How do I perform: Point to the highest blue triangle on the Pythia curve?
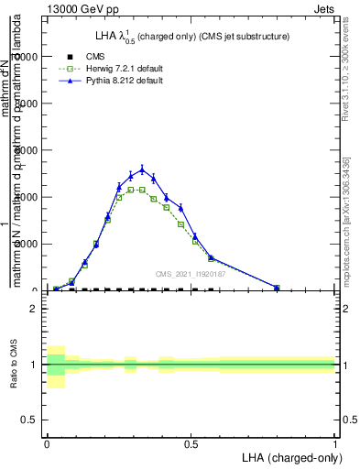[142, 169]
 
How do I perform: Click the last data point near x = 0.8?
[277, 288]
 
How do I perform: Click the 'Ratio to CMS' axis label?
[15, 365]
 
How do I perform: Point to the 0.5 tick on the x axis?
[191, 442]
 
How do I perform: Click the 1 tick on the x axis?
[334, 442]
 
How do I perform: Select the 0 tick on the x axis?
[47, 442]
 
